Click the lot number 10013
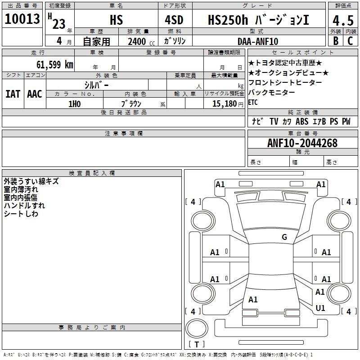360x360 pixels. tap(22, 19)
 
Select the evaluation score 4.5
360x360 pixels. tap(343, 20)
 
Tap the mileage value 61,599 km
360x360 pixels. tap(55, 64)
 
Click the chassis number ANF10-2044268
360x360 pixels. tap(302, 143)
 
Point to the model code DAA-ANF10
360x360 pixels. tap(258, 41)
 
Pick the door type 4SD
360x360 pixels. tap(174, 20)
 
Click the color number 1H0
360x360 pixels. tap(75, 104)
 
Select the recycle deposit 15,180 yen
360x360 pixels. tap(228, 104)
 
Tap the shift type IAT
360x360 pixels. tap(13, 94)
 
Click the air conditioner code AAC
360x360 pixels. tap(35, 94)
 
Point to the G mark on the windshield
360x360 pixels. tap(284, 237)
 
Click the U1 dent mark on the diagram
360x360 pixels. tap(320, 308)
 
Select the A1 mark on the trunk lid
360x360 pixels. tap(253, 299)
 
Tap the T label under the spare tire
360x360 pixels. tap(197, 344)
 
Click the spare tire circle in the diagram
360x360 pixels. tap(197, 328)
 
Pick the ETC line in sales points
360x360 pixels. tap(253, 102)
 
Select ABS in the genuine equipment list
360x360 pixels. tap(302, 121)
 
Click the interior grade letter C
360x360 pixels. tap(350, 40)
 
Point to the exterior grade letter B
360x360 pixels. tap(336, 40)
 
